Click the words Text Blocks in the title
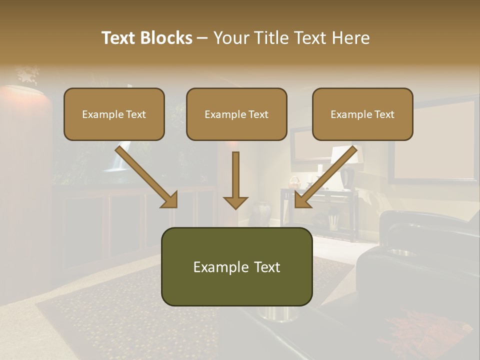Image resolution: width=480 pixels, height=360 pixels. [x=146, y=38]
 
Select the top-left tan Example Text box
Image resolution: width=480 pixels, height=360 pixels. [x=114, y=114]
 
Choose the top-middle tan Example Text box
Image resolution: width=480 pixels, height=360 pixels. [x=236, y=114]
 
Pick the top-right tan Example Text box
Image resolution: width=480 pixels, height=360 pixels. [x=362, y=114]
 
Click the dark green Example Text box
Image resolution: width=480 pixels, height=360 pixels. [x=236, y=266]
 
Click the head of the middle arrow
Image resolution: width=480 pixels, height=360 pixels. [x=235, y=202]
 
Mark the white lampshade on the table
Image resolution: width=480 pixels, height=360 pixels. [x=345, y=154]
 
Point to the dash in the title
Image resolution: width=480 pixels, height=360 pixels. [x=202, y=38]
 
